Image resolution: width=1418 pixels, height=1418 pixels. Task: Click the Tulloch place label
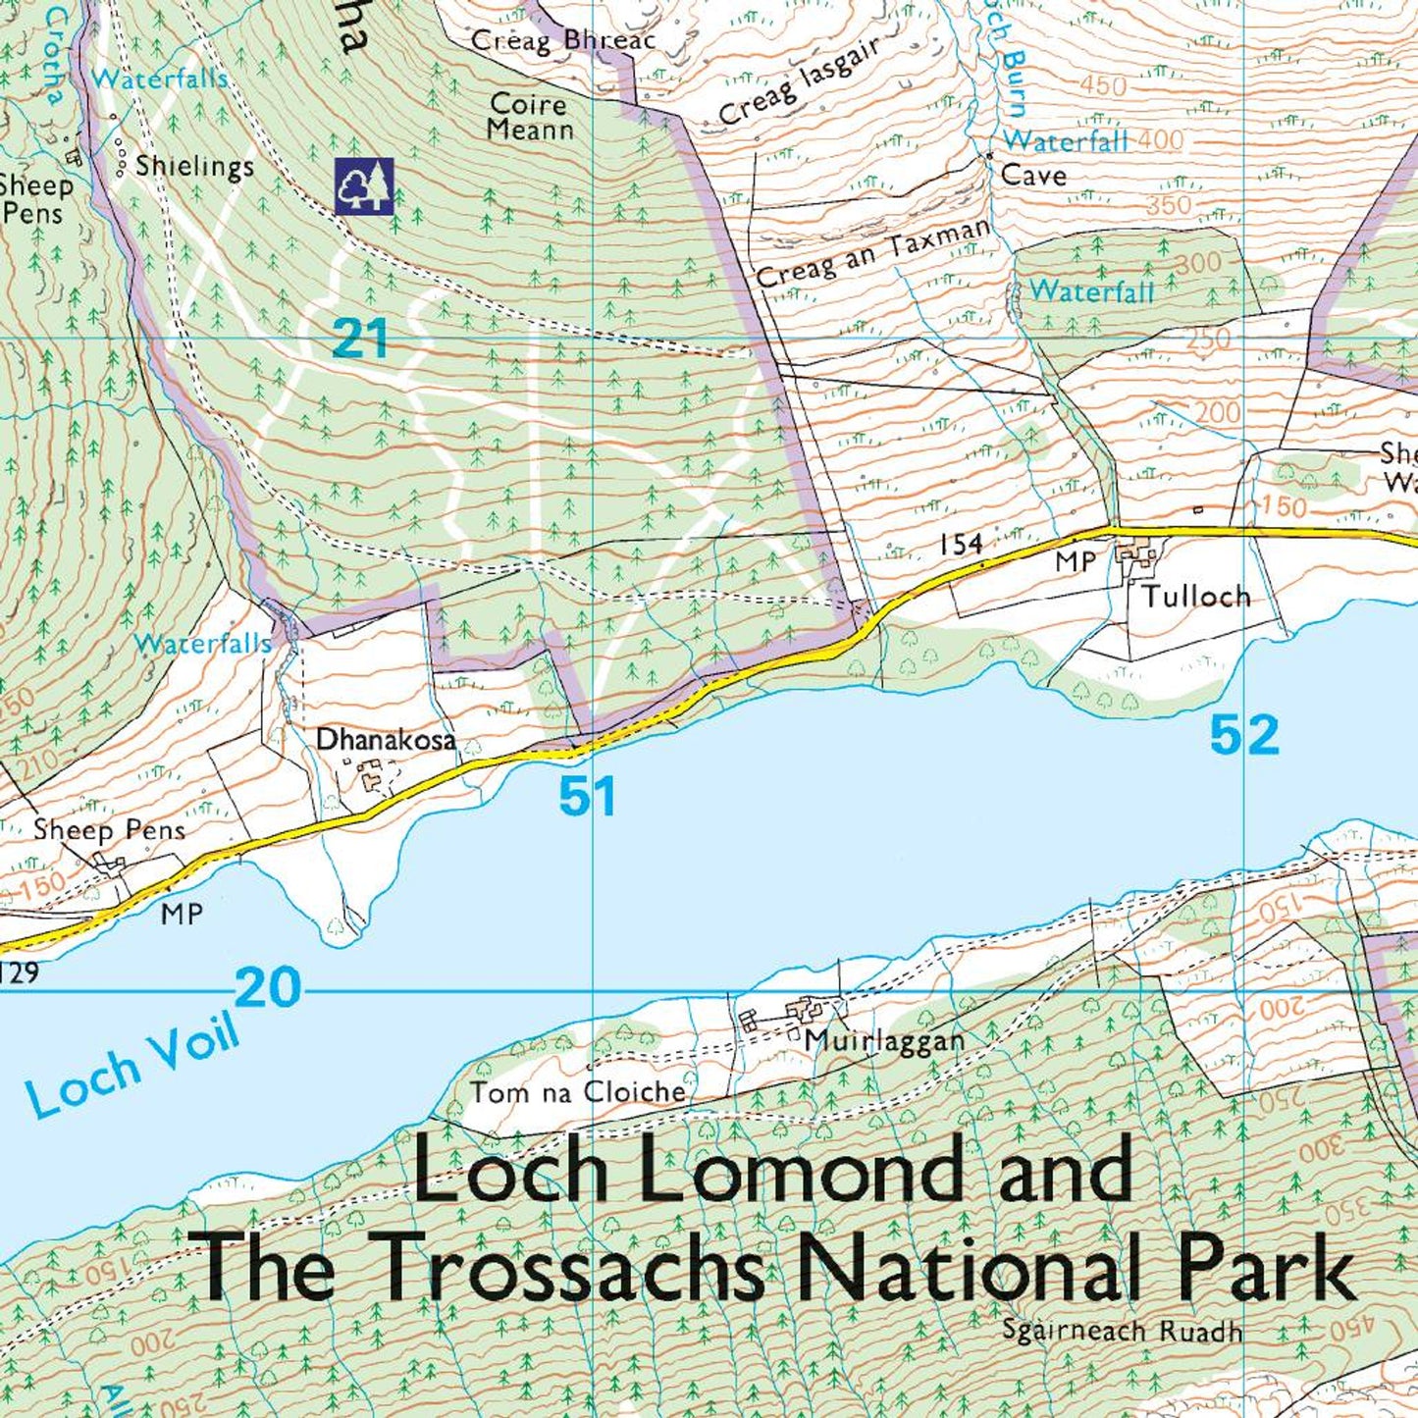[1195, 597]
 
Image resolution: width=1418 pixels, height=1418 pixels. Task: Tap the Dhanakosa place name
[386, 739]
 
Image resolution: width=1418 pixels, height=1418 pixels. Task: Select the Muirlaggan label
[884, 1041]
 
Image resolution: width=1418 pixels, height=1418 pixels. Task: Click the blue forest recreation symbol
[364, 185]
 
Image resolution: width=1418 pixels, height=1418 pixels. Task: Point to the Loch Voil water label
[132, 1068]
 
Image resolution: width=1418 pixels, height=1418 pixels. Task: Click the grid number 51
[587, 796]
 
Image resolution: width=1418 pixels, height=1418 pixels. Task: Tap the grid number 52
[1244, 735]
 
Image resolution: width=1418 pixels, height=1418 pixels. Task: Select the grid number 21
[359, 341]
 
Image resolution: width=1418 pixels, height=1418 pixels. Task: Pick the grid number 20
[268, 987]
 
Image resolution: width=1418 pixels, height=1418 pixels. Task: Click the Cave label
[1033, 176]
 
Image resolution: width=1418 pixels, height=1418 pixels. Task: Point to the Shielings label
[194, 166]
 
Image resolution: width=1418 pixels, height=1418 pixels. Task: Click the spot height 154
[961, 545]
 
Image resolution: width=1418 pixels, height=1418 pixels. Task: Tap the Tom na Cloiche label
[577, 1092]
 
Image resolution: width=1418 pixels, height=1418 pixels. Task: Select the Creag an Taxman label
[873, 254]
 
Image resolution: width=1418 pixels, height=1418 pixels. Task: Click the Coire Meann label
[530, 117]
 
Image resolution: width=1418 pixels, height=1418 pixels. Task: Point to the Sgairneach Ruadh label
[1122, 1332]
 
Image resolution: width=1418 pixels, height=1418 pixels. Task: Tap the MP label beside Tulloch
[1075, 562]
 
